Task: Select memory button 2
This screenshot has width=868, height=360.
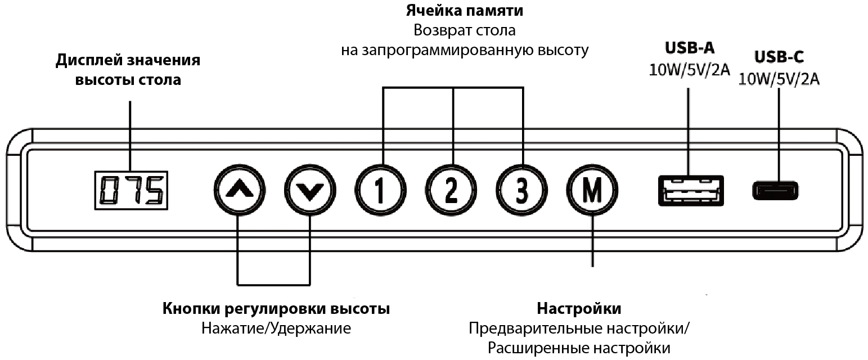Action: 451,190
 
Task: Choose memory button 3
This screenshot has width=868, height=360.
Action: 521,190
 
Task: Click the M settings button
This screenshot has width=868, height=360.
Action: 591,190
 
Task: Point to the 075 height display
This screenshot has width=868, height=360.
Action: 131,190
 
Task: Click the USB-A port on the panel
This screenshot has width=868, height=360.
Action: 690,190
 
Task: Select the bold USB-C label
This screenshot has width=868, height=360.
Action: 779,57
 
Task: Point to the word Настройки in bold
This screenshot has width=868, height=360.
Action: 579,309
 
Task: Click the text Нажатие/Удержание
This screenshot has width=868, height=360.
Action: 276,328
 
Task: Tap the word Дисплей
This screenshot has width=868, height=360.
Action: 83,61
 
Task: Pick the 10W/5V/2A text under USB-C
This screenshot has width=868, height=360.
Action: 779,79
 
